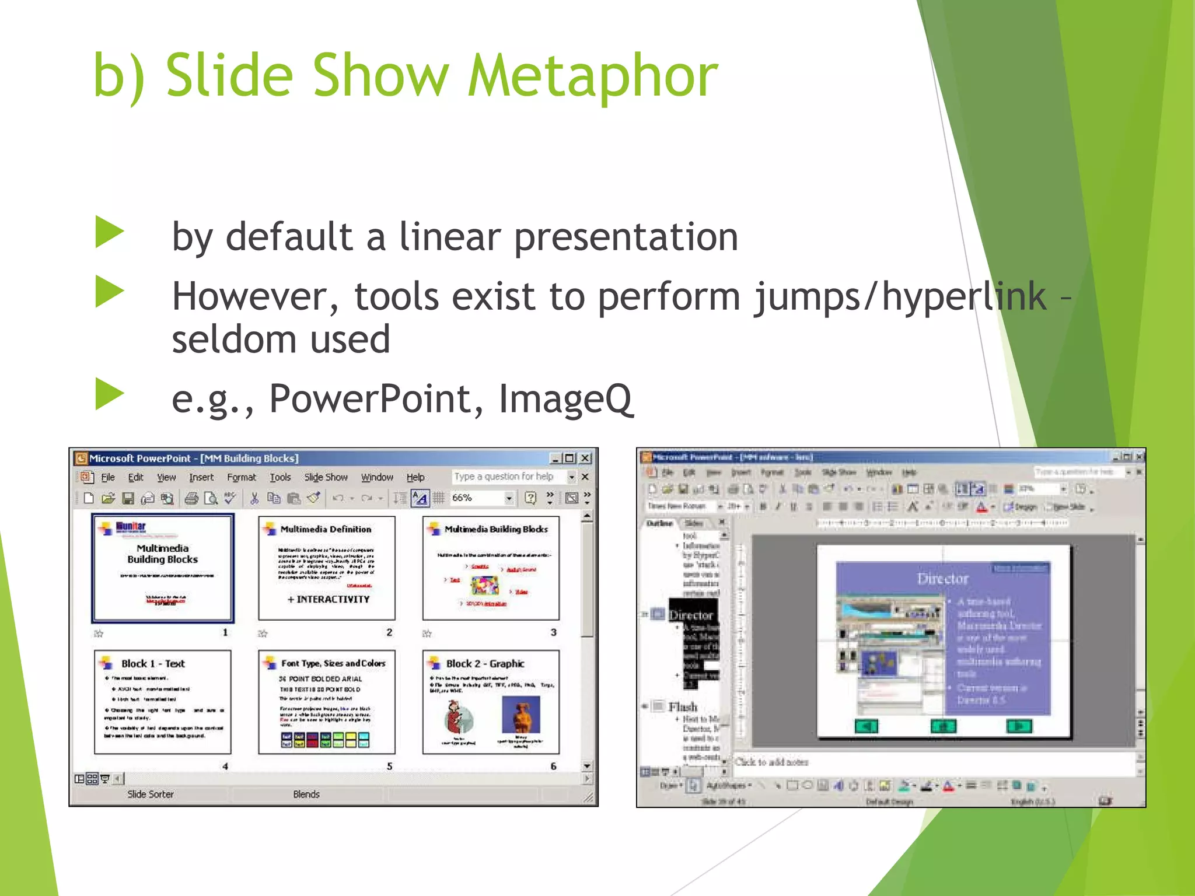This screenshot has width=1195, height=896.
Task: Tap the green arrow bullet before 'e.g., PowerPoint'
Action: pyautogui.click(x=110, y=394)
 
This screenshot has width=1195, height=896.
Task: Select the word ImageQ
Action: pyautogui.click(x=565, y=400)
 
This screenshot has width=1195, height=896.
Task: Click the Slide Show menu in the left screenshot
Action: pyautogui.click(x=326, y=477)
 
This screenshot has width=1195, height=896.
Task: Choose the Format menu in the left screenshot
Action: pyautogui.click(x=241, y=477)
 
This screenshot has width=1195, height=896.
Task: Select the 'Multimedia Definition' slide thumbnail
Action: pyautogui.click(x=327, y=568)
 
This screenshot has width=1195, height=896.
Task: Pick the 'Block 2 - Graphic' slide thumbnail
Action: pyautogui.click(x=491, y=702)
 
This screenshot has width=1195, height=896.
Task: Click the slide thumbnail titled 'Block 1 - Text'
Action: pyautogui.click(x=163, y=702)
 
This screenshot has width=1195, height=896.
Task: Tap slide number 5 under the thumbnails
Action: pyautogui.click(x=389, y=766)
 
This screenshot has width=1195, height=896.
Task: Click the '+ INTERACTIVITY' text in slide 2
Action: pyautogui.click(x=329, y=599)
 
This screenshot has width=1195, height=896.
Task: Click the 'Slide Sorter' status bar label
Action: pyautogui.click(x=151, y=794)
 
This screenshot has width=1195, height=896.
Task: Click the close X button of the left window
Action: pyautogui.click(x=586, y=459)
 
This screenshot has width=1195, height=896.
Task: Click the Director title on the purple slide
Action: pyautogui.click(x=942, y=579)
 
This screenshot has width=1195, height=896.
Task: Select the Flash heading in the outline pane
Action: pyautogui.click(x=683, y=707)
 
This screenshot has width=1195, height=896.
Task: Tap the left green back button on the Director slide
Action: pyautogui.click(x=866, y=726)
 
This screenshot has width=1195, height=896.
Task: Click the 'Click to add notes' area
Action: pyautogui.click(x=771, y=762)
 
